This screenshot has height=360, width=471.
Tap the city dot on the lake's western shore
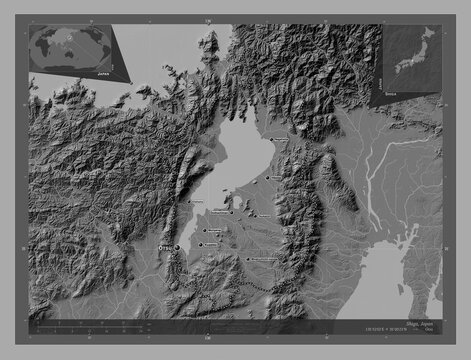[x=189, y=206]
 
